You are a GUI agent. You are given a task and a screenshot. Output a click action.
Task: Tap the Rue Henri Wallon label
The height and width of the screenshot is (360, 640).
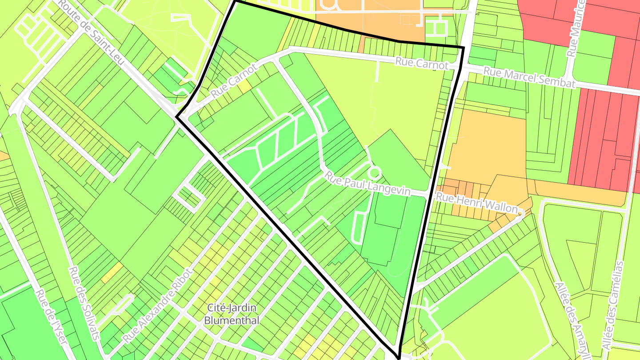pos(477,203)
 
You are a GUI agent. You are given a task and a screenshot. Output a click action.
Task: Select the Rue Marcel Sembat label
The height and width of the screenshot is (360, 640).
pos(529,78)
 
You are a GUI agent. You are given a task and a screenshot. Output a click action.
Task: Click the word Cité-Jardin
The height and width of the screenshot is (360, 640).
pos(232,308)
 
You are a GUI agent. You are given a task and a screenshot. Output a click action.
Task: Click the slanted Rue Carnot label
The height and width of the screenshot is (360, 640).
pos(234,81)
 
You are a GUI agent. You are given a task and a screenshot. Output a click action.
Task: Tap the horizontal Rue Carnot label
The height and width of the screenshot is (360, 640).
pos(422,64)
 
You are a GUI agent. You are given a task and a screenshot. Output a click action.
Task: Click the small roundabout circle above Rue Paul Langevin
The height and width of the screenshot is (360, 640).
pos(375,172)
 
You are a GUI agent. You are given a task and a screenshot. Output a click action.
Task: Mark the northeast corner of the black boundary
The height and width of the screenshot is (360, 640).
pos(464,47)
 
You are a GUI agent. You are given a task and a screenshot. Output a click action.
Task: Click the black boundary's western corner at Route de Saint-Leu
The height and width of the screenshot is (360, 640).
pos(176,117)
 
